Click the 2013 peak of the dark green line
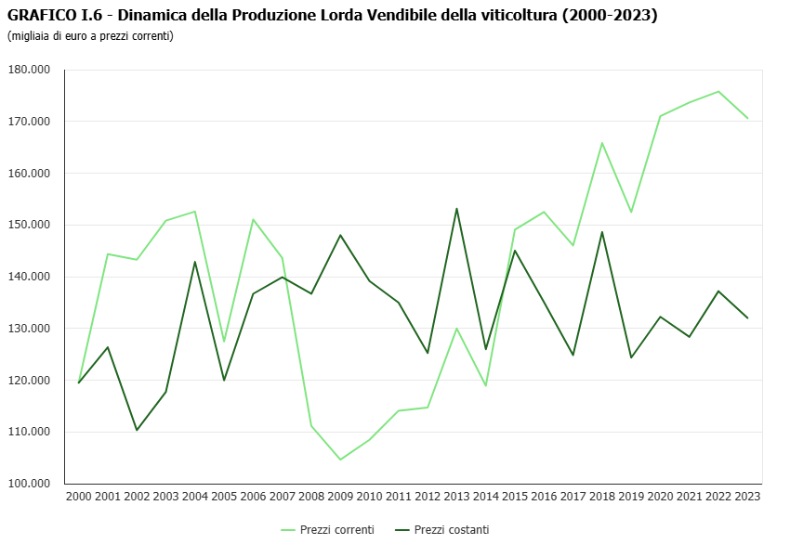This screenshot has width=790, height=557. [457, 208]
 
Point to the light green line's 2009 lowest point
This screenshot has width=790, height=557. [340, 460]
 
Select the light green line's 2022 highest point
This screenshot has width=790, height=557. [718, 91]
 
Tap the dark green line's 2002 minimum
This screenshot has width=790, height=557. [137, 430]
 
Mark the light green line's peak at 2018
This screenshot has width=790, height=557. [602, 143]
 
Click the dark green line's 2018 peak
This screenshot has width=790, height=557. [602, 232]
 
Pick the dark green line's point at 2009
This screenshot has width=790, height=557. [340, 235]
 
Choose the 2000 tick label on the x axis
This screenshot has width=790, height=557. [79, 497]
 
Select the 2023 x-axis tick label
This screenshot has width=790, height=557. [747, 497]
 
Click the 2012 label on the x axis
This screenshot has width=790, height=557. [428, 497]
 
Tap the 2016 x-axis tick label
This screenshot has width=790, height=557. [544, 497]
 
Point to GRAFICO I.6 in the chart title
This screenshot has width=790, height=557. [47, 16]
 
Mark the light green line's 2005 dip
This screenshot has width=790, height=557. [224, 342]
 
